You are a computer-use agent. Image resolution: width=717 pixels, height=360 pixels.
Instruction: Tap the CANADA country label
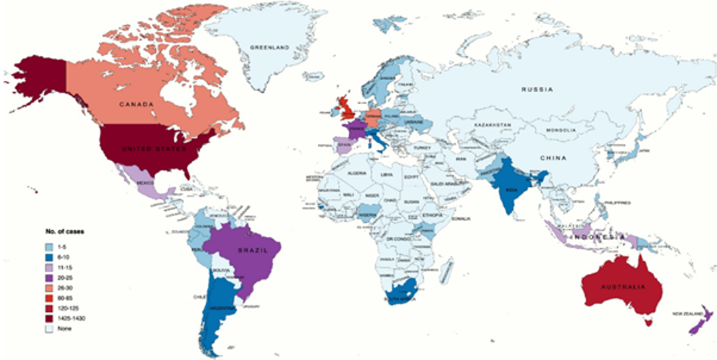tap(137, 105)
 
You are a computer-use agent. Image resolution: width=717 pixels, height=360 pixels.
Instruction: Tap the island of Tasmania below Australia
tap(648, 323)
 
